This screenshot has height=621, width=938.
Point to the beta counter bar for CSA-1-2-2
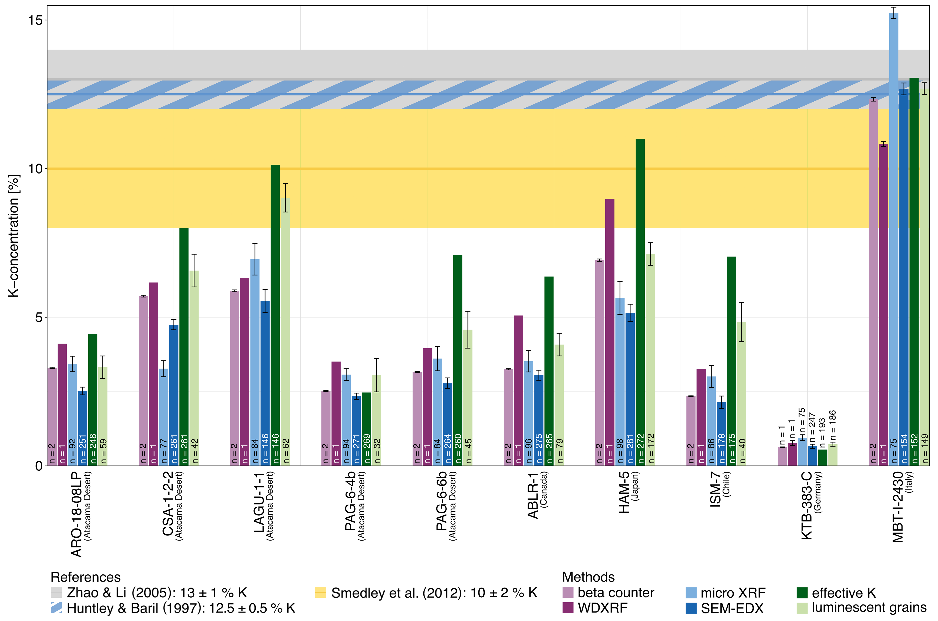point(143,380)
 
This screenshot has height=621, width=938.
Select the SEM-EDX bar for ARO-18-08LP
point(83,428)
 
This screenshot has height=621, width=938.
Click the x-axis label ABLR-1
point(533,495)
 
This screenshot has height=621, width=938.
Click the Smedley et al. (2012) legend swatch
point(320,592)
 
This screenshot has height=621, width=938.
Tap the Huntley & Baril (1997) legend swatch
point(56,608)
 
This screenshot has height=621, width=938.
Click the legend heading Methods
point(588,577)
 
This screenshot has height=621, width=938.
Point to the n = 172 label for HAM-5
point(650,449)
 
